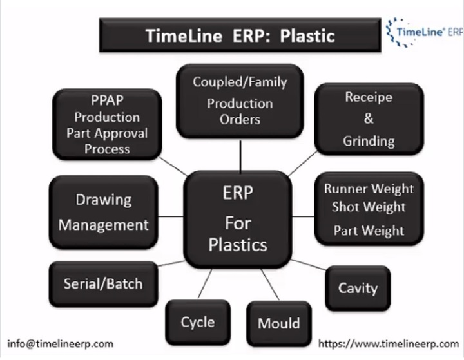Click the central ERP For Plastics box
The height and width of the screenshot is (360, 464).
point(237,219)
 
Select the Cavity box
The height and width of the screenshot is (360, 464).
point(358,288)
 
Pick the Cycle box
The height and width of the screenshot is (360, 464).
point(197,322)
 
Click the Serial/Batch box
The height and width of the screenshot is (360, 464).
point(103,283)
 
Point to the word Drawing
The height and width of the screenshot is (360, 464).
point(104,200)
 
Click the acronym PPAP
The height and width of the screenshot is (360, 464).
point(106,102)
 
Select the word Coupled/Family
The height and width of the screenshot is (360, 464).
point(240,82)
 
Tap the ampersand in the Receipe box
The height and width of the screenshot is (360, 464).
point(369,119)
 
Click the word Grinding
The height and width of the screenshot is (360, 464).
point(369,140)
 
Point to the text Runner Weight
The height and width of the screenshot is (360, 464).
point(369,189)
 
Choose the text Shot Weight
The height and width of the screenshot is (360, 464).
point(369,207)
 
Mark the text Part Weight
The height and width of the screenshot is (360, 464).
point(369,230)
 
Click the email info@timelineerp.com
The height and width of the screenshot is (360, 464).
point(61,343)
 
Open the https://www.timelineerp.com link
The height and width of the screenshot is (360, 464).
point(389,343)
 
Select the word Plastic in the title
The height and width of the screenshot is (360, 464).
point(307,35)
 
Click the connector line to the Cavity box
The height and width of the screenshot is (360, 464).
point(309,265)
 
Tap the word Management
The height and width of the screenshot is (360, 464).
point(104,225)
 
